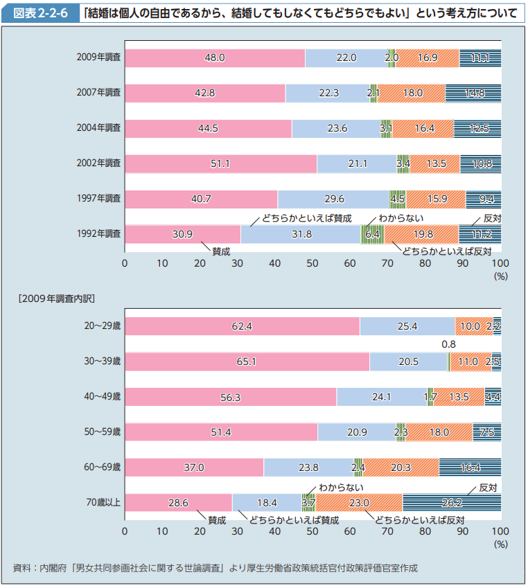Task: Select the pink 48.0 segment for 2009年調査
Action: (x=215, y=58)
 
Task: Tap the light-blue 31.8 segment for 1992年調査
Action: (x=301, y=235)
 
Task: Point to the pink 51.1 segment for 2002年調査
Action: (x=220, y=164)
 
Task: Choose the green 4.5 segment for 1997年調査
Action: (x=398, y=199)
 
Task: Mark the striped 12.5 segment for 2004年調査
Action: (x=477, y=128)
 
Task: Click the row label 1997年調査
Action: (x=99, y=199)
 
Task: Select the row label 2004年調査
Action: (x=99, y=128)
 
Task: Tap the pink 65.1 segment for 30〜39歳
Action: (x=247, y=361)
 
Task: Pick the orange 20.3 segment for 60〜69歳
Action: (x=401, y=467)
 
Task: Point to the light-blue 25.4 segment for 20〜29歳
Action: (x=407, y=326)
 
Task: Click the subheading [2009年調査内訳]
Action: (x=55, y=299)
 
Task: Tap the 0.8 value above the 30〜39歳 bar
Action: (x=448, y=344)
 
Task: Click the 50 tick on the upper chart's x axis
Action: (x=313, y=263)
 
